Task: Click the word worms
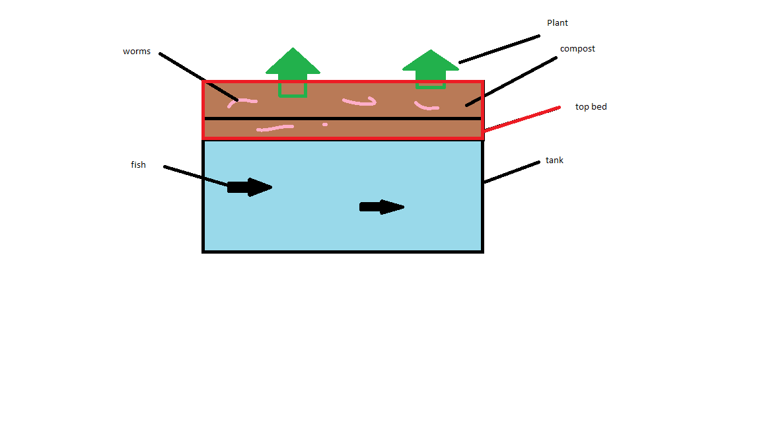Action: [136, 52]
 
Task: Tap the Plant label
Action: [557, 23]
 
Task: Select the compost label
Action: [577, 49]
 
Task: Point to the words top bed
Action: [591, 107]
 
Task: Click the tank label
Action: [554, 160]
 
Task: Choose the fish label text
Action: [138, 165]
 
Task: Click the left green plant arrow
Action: [293, 72]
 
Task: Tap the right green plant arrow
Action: [431, 69]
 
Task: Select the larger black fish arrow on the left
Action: [250, 187]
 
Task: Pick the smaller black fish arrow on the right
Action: [381, 207]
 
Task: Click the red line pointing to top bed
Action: [522, 119]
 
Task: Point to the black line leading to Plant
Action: [499, 49]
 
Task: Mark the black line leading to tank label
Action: [511, 172]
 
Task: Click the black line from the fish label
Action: [196, 176]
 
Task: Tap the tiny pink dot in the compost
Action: [325, 125]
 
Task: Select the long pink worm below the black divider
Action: [275, 128]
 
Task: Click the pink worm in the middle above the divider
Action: [360, 102]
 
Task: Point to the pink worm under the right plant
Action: [425, 106]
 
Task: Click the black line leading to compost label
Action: [511, 81]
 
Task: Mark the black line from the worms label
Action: [198, 77]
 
